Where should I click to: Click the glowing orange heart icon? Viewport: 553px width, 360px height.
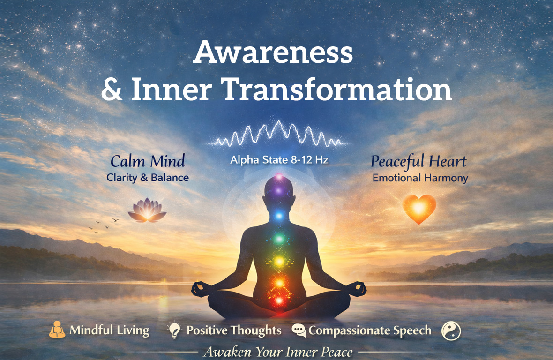[419, 209]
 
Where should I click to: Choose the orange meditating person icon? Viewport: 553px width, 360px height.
[57, 330]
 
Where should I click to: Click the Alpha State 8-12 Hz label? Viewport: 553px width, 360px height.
[279, 160]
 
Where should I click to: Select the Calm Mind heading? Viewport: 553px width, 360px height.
[148, 162]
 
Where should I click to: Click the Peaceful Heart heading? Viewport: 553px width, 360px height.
[418, 162]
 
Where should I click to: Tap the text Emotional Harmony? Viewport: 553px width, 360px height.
[420, 178]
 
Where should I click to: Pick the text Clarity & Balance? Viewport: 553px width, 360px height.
[147, 178]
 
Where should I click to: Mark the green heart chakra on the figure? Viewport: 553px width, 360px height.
[279, 239]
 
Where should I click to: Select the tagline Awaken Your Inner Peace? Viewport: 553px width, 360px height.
[277, 352]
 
